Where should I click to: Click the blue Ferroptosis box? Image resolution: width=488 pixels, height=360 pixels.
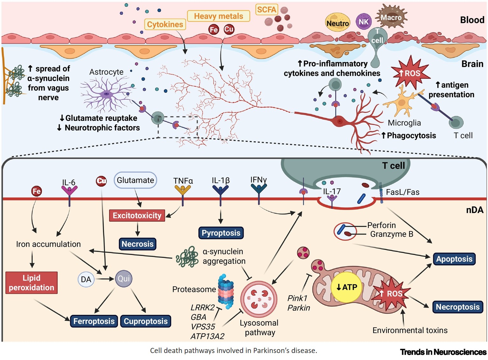click(x=94, y=321)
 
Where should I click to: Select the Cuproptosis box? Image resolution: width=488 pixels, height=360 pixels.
click(x=146, y=321)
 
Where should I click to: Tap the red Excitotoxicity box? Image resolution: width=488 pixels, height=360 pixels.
click(x=137, y=215)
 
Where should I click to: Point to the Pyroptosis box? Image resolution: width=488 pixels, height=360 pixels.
click(x=221, y=233)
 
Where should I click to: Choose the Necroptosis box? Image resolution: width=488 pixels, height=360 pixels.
click(x=457, y=307)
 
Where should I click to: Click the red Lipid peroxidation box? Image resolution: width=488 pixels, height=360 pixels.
click(x=31, y=282)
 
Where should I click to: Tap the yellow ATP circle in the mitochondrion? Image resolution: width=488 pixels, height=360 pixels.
click(x=346, y=287)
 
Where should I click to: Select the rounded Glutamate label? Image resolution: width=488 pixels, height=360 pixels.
click(x=136, y=180)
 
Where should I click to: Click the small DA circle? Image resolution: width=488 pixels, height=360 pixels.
click(x=86, y=280)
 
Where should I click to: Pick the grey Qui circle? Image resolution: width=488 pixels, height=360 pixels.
click(x=123, y=279)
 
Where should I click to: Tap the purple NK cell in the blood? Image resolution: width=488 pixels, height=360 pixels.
click(x=363, y=22)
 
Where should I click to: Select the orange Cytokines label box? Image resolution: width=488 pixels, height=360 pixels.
click(x=165, y=24)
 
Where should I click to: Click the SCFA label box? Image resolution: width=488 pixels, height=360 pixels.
click(x=267, y=10)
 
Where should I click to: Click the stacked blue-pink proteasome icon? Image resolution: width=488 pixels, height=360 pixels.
click(x=226, y=291)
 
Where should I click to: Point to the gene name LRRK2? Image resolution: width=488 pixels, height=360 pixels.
click(x=203, y=308)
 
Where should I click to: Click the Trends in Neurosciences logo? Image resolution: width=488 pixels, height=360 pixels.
click(x=443, y=352)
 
